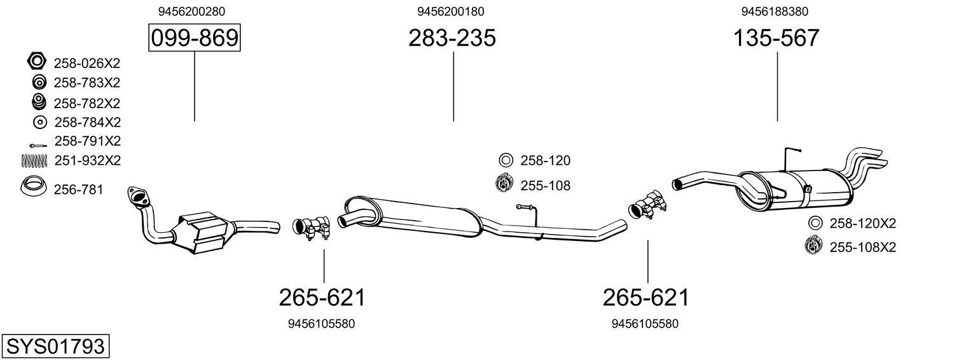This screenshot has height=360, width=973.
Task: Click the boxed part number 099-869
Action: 194,38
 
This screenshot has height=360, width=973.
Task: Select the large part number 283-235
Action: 452,38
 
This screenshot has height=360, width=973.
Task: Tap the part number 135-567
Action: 776,38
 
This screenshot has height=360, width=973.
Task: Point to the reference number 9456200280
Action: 191,11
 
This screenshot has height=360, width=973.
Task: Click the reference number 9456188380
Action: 775,11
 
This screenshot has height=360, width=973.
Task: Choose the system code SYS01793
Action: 55,347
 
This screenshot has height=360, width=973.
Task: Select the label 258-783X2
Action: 87,83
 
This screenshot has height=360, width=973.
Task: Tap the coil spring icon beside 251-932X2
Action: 35,161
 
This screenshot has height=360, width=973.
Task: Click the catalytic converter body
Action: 202,232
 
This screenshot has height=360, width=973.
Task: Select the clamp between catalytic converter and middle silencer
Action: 312,228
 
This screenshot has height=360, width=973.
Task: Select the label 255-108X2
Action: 862,247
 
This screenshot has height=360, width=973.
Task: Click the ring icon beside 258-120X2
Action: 814,223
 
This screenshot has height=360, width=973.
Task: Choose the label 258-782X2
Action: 87,103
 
